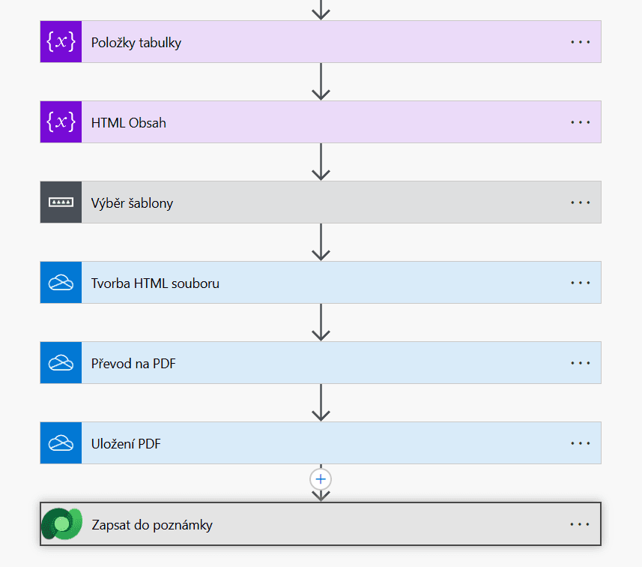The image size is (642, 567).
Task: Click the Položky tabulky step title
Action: pos(136,43)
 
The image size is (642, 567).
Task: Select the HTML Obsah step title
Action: pos(129,122)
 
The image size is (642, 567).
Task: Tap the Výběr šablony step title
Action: pos(132,203)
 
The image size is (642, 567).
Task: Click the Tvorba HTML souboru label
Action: pos(155,283)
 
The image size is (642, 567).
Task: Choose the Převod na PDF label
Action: pos(133,363)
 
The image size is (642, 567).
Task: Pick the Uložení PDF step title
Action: pos(126,443)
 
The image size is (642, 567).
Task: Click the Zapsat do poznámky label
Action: pos(152,525)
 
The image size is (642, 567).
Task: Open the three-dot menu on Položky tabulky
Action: pos(581,42)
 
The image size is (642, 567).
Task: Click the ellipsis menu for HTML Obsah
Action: pos(581,122)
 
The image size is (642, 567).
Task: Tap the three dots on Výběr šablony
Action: pos(581,202)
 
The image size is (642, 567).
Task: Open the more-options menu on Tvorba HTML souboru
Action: pos(581,283)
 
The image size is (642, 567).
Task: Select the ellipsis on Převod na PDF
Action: pos(581,363)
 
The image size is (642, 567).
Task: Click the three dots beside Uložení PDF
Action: pos(581,443)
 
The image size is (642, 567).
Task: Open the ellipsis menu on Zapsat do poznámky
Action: pos(580,524)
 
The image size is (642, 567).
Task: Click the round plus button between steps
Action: pos(321,479)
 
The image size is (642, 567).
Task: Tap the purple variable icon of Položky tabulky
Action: pos(61,42)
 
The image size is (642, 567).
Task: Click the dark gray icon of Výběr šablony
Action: pos(61,202)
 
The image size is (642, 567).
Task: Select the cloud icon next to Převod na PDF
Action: pos(61,363)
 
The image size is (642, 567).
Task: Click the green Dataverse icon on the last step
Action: pos(62,523)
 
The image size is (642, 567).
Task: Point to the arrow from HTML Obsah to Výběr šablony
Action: pos(321,162)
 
